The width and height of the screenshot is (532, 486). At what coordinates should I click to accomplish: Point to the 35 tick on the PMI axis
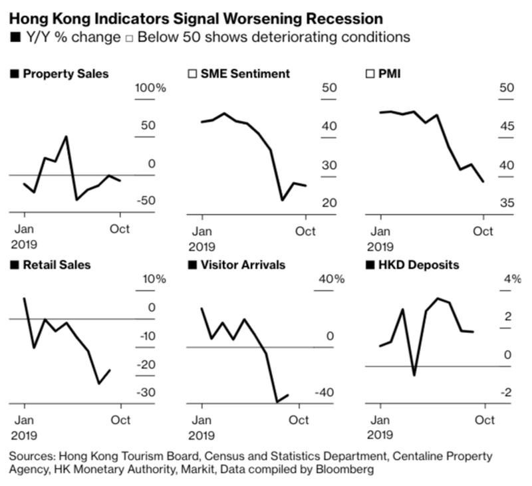(507, 203)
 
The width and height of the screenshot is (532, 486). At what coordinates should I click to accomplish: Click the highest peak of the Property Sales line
(66, 137)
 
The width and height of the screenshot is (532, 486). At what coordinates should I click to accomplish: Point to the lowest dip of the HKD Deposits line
(414, 375)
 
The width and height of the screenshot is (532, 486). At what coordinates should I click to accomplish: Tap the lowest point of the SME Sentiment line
(282, 199)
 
